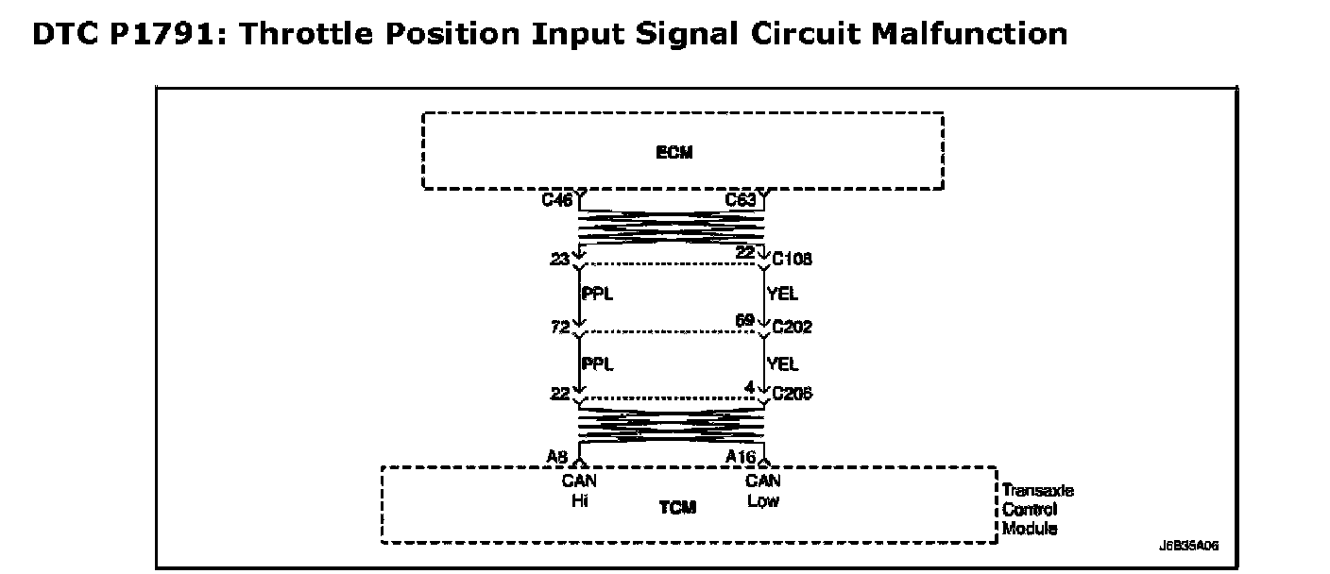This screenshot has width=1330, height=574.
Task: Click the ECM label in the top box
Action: coord(674,153)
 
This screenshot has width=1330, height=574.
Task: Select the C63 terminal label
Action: coord(740,200)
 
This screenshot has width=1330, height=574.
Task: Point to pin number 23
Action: coord(558,259)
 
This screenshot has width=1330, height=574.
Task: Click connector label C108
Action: coord(792,260)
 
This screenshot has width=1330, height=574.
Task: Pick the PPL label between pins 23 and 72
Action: coord(597,295)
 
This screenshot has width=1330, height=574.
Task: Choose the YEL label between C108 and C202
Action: coord(783,295)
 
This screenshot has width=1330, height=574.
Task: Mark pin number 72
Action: coord(558,328)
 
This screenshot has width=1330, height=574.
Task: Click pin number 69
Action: coord(744,322)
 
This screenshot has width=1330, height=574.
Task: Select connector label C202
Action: coord(792,328)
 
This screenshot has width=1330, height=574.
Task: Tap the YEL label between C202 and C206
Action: coord(783,363)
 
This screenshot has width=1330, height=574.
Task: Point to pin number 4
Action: coord(749,387)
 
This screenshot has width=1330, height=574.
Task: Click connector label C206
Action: coord(792,395)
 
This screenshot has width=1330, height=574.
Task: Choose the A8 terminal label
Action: coord(556,457)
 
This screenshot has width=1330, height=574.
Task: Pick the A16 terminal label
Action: coord(740,457)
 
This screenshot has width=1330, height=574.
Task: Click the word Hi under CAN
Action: coord(579,501)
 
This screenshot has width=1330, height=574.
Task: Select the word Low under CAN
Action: coord(763,501)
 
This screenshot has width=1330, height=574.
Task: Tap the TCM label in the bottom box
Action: coord(677,508)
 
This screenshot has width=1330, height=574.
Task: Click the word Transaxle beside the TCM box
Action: coord(1038,491)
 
